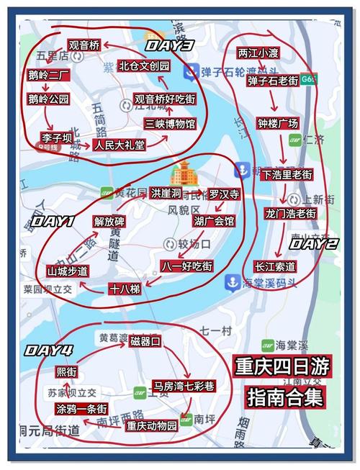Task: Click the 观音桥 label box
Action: pyautogui.click(x=84, y=45)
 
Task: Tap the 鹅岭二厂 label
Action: pyautogui.click(x=48, y=73)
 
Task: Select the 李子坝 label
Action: pyautogui.click(x=57, y=136)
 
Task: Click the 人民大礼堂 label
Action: pyautogui.click(x=120, y=145)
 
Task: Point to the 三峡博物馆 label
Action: pyautogui.click(x=170, y=124)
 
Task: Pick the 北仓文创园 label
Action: pyautogui.click(x=145, y=65)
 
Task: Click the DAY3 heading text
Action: pyautogui.click(x=169, y=45)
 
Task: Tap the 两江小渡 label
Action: pyautogui.click(x=258, y=53)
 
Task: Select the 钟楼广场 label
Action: pyautogui.click(x=277, y=122)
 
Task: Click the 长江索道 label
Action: pyautogui.click(x=275, y=266)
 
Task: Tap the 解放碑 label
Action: pyautogui.click(x=109, y=221)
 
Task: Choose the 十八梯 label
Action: pyautogui.click(x=125, y=289)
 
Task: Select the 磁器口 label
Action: pyautogui.click(x=145, y=342)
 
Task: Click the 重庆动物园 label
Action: pyautogui.click(x=151, y=425)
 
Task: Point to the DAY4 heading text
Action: pyautogui.click(x=48, y=351)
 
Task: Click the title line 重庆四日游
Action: pyautogui.click(x=282, y=366)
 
